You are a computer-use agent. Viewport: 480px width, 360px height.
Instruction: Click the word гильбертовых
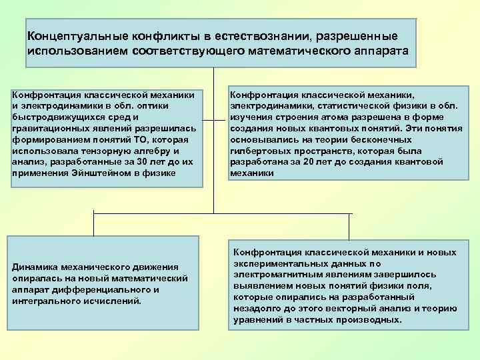click(x=263, y=150)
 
